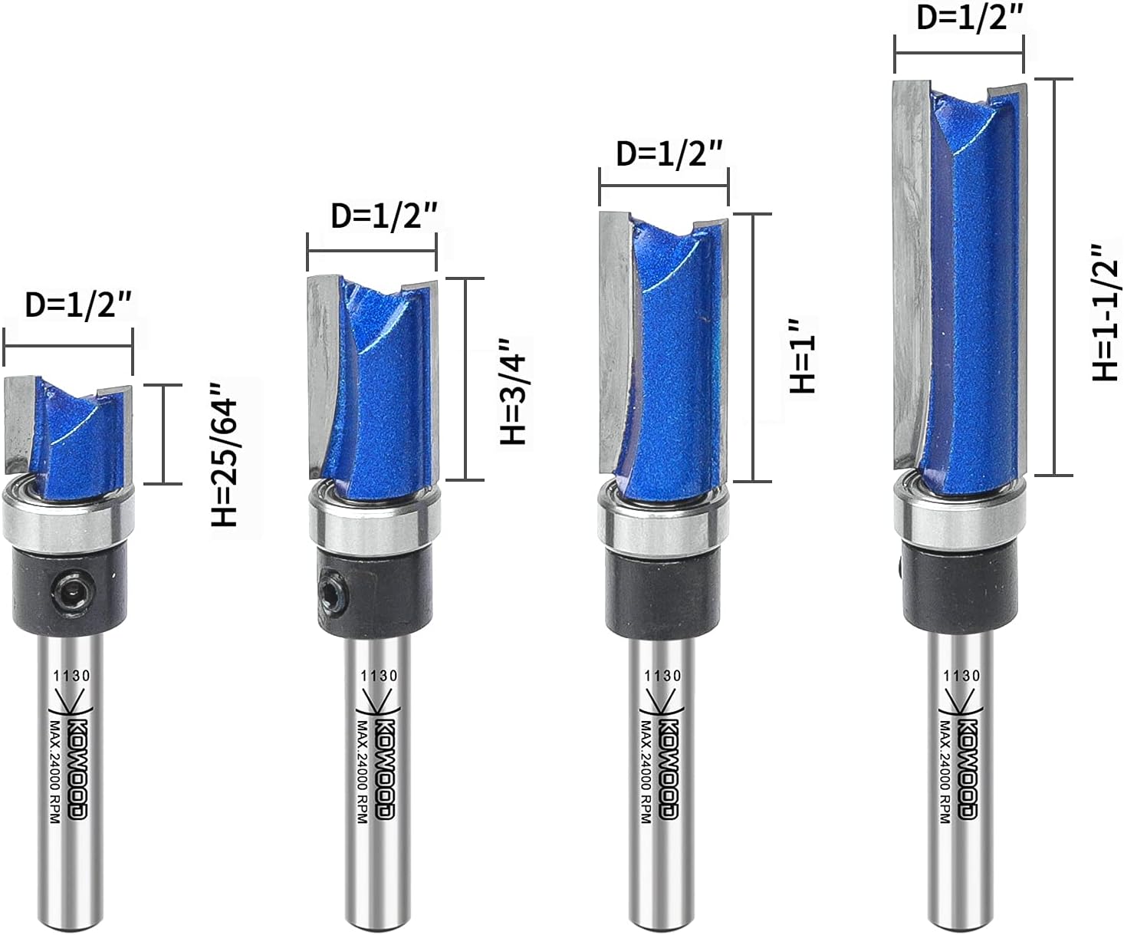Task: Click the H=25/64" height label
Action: (224, 463)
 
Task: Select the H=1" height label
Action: (802, 356)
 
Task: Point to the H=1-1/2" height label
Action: (1105, 313)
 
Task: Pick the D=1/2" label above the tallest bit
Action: (969, 18)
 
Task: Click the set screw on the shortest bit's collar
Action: (73, 591)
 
